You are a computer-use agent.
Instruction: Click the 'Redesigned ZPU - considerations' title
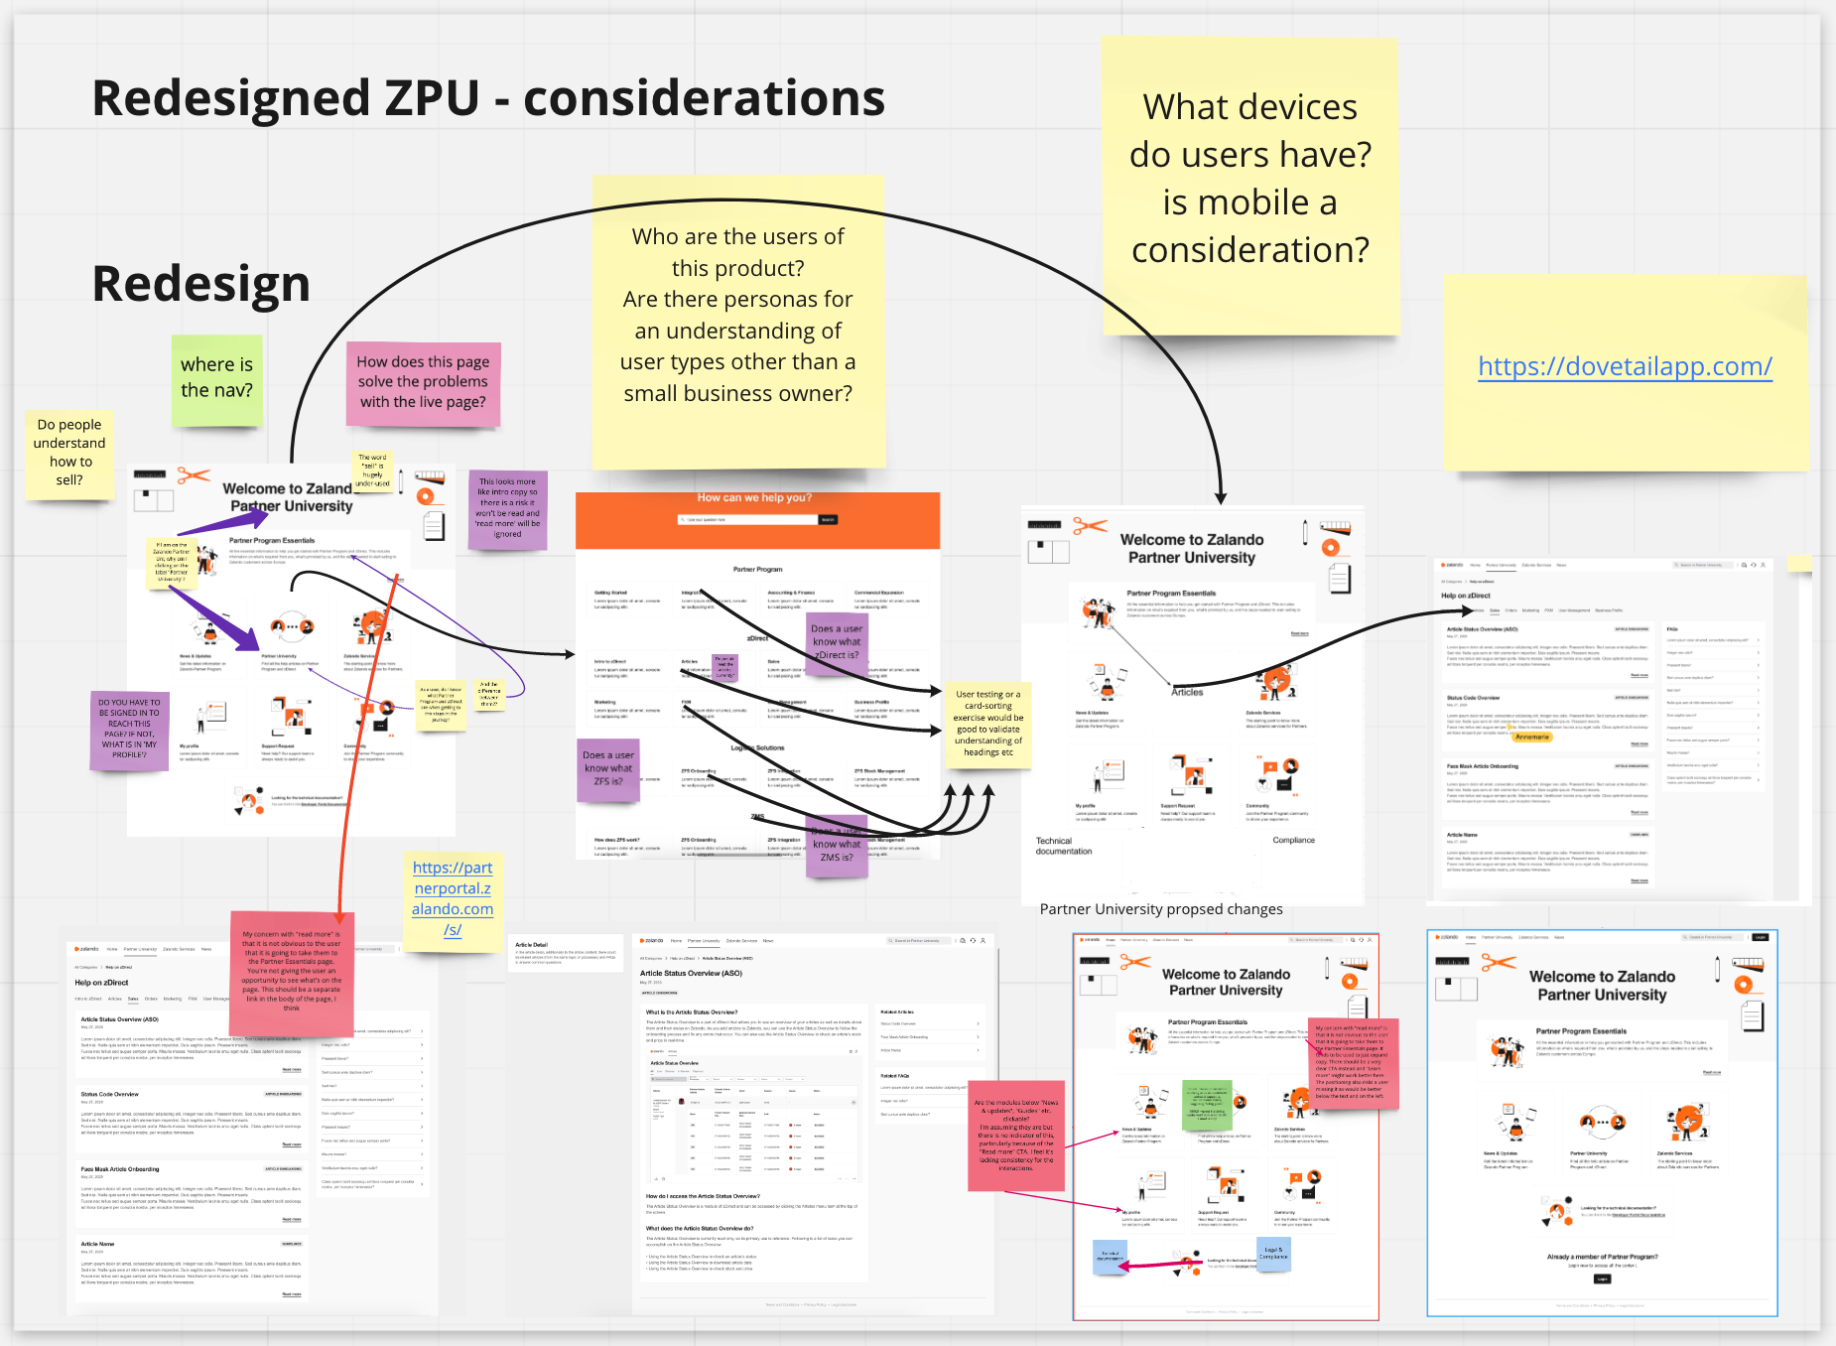coord(488,98)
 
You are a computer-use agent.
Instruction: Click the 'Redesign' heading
coord(201,283)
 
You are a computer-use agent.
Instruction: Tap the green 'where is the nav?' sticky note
coord(216,378)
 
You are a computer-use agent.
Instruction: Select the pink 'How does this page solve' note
coord(423,382)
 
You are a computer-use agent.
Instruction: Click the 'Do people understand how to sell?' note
coord(69,452)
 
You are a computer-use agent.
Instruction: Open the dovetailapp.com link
coord(1625,366)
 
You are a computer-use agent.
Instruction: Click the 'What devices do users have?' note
coord(1249,179)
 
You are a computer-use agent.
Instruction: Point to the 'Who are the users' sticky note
coord(737,315)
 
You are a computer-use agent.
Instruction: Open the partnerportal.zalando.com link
coord(453,898)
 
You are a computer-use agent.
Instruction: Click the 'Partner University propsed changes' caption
coord(1161,909)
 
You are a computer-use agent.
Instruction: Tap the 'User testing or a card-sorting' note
coord(988,723)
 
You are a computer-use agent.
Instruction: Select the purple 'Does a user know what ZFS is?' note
coord(607,768)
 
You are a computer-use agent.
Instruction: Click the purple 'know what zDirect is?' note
coord(837,642)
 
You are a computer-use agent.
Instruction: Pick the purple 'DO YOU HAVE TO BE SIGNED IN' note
coord(129,729)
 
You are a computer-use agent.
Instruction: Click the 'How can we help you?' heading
coord(754,498)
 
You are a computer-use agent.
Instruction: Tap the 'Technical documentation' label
coord(1064,846)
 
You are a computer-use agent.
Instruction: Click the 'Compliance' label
coord(1293,840)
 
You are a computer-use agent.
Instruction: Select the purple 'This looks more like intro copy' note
coord(507,508)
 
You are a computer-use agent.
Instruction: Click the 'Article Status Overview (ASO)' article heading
coord(691,973)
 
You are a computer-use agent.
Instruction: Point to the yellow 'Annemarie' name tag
coord(1532,737)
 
